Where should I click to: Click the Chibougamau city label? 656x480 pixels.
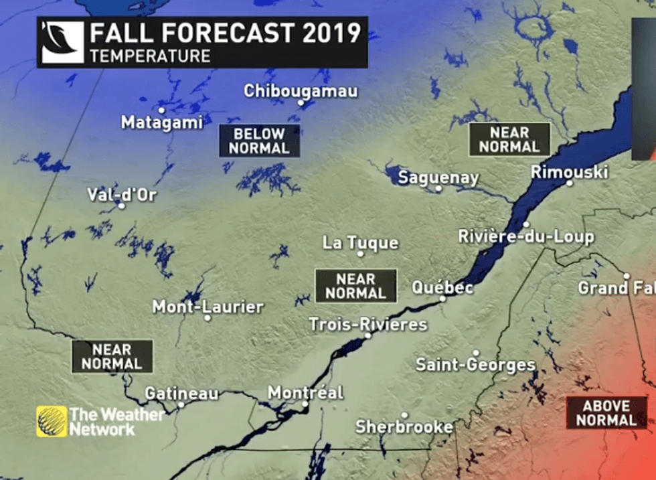point(301,91)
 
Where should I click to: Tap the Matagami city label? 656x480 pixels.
point(161,123)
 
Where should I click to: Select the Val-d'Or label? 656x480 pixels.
point(122,195)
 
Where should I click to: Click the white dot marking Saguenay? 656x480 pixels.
point(438,189)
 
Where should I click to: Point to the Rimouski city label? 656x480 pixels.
point(569,172)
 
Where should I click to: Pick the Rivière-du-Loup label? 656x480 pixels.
point(525,236)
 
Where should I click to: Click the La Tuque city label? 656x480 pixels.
point(360,242)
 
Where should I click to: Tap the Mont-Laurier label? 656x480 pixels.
point(208,307)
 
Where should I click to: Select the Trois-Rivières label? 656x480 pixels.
point(367,324)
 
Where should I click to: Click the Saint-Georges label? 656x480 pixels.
point(475,365)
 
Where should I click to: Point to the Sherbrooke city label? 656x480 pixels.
point(404,426)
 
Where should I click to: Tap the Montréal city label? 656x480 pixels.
point(305,392)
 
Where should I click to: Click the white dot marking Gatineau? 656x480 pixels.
point(181,404)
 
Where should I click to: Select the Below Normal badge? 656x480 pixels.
point(259,141)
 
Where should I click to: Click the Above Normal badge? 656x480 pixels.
point(606,413)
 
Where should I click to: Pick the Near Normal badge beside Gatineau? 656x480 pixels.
point(112,356)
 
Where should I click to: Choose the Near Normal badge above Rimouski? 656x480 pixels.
point(509,139)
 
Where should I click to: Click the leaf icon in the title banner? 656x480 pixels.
point(63,42)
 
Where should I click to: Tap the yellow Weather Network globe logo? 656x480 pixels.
point(52,421)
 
